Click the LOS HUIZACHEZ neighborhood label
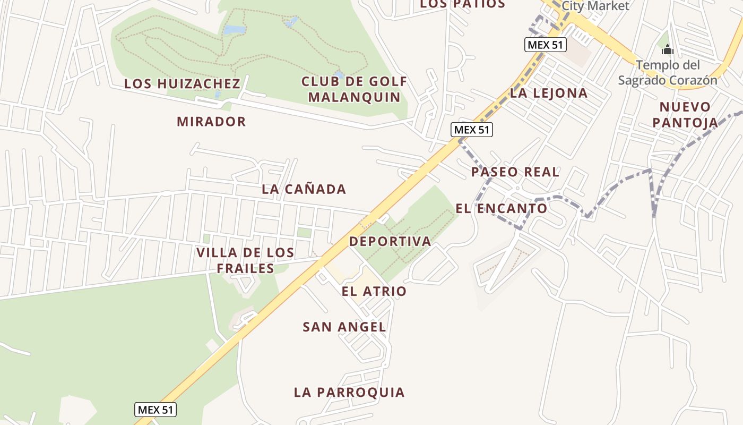click(x=182, y=84)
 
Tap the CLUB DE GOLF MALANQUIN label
click(x=354, y=89)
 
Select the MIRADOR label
click(x=211, y=122)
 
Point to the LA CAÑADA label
click(x=304, y=189)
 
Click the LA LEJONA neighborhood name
click(x=549, y=93)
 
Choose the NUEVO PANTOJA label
click(x=685, y=115)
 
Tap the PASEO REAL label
click(x=515, y=172)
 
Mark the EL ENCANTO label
click(x=501, y=208)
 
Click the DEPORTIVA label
click(x=390, y=241)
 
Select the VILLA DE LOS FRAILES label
click(x=245, y=260)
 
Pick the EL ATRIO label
click(x=374, y=291)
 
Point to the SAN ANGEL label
click(x=344, y=327)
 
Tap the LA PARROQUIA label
click(x=349, y=393)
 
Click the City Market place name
click(x=595, y=6)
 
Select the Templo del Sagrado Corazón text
click(x=668, y=73)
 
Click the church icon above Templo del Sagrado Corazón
click(x=667, y=50)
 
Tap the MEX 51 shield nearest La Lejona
click(x=546, y=45)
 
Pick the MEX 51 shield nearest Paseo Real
click(x=472, y=130)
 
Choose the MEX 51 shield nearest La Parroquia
click(x=155, y=410)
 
